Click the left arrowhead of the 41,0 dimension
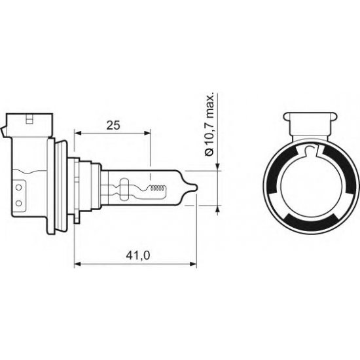(x=78, y=264)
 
